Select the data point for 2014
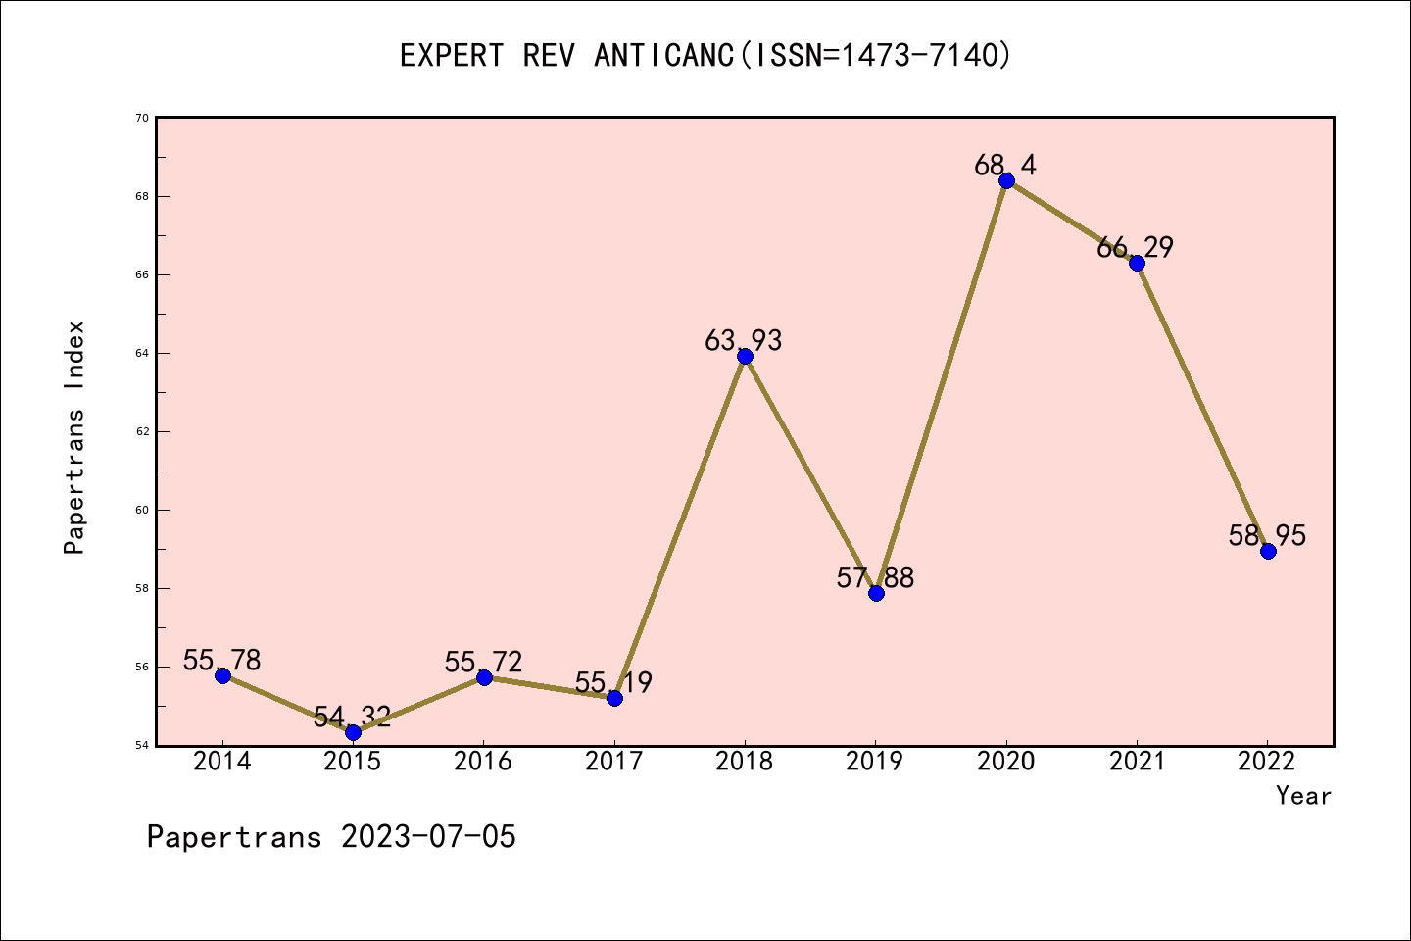[x=222, y=675]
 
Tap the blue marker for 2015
[x=353, y=732]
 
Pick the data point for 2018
[x=745, y=356]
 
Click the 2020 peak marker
[x=1006, y=180]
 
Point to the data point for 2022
[x=1268, y=551]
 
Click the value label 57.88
[x=875, y=577]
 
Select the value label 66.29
[x=1135, y=247]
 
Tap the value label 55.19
[x=613, y=682]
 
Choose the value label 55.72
[x=483, y=662]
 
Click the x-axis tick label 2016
[x=483, y=762]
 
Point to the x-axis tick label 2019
[x=875, y=762]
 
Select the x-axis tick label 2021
[x=1137, y=762]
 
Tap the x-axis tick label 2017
[x=614, y=762]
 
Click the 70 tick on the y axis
[x=142, y=118]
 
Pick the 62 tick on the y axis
[x=142, y=431]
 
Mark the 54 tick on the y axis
[x=142, y=745]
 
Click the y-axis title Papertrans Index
[x=74, y=437]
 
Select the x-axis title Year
[x=1303, y=796]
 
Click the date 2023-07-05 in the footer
[x=428, y=837]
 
